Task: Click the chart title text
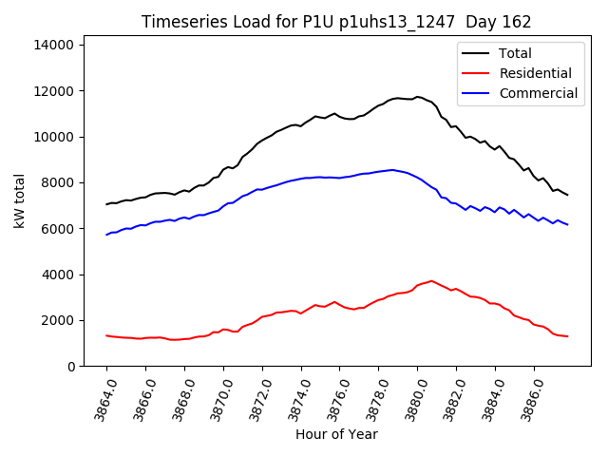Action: (336, 22)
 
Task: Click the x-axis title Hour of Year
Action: (336, 434)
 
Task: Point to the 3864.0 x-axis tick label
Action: (101, 397)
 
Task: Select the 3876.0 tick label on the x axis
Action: (333, 397)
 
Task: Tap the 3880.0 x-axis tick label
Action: (411, 397)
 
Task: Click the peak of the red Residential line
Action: (431, 281)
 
